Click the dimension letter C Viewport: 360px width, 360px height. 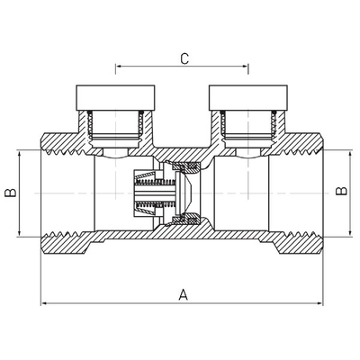184,58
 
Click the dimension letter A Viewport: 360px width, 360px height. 183,294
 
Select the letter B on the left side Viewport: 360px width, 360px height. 11,193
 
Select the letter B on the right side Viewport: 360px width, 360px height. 341,191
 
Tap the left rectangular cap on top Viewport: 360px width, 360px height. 115,98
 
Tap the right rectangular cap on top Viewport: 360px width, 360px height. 248,98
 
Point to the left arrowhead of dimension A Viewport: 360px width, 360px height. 44,303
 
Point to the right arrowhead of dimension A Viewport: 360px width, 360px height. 319,303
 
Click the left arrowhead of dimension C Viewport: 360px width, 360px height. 118,66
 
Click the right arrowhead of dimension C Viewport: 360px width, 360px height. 246,66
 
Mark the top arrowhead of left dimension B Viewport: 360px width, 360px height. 19,154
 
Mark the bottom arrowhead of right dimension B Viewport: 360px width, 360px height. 350,233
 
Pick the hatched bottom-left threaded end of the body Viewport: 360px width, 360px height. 66,242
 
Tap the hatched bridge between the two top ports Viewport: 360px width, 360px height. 183,152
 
